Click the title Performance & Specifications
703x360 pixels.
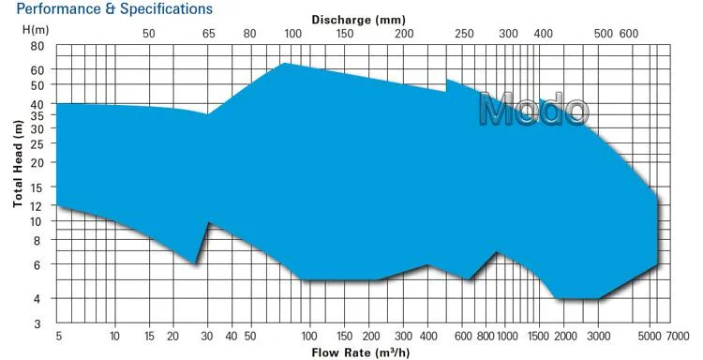pyautogui.click(x=106, y=8)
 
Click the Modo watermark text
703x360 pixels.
pyautogui.click(x=532, y=110)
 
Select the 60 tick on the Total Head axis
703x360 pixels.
pyautogui.click(x=37, y=70)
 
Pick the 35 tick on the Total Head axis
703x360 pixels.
pyautogui.click(x=37, y=117)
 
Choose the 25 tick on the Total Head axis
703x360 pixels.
pyautogui.click(x=37, y=143)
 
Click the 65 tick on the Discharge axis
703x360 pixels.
pyautogui.click(x=208, y=34)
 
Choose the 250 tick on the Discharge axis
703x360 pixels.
pyautogui.click(x=465, y=34)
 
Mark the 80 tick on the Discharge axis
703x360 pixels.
pyautogui.click(x=249, y=34)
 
